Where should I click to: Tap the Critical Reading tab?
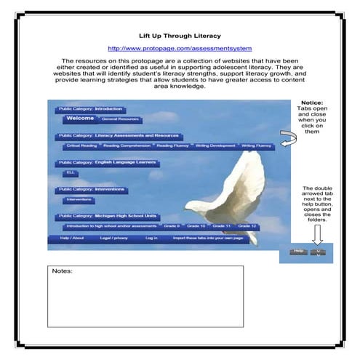coord(80,145)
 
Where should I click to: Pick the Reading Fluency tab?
coord(173,145)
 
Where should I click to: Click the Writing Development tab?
coord(215,145)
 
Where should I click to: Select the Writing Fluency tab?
coord(257,145)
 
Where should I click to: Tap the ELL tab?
coord(71,173)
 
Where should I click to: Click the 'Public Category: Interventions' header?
coord(91,190)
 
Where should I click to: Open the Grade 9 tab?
coord(172,226)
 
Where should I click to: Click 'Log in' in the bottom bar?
coord(151,238)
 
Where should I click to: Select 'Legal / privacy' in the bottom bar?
coord(114,238)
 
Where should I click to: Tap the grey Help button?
coord(297,252)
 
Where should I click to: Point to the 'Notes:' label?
coord(63,271)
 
